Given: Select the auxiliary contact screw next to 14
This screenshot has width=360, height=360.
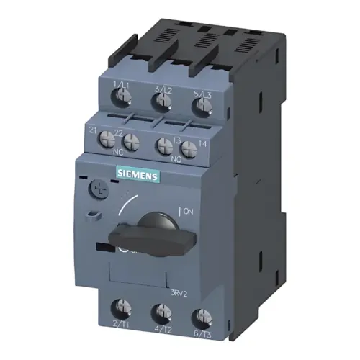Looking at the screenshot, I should tap(189, 150).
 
